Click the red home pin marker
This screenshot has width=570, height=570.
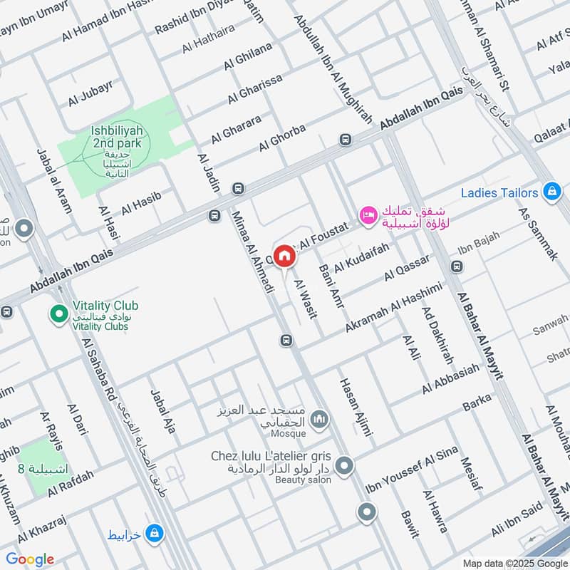coord(284,256)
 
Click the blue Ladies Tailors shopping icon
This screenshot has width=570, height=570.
coord(551,191)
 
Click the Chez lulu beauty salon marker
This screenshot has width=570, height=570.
coord(344,467)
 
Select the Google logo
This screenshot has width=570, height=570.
coord(30,559)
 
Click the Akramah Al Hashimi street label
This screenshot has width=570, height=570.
coord(394,306)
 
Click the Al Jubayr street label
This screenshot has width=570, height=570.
coord(90,94)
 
